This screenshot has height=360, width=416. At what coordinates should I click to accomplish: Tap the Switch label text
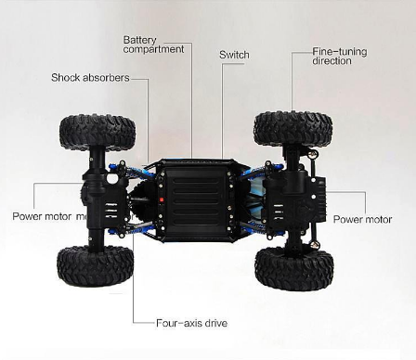234,55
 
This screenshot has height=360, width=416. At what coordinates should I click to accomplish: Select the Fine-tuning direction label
339,56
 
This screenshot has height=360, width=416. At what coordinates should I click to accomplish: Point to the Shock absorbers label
90,77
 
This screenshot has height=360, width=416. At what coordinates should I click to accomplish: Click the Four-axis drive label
191,323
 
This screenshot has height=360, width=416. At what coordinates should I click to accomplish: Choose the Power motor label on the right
362,220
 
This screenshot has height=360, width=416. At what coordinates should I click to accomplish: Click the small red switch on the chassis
160,199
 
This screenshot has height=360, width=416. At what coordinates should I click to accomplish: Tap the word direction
331,61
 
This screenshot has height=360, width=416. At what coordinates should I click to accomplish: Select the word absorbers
106,77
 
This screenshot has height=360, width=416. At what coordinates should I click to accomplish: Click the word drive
214,323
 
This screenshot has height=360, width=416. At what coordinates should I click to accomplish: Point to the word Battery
139,39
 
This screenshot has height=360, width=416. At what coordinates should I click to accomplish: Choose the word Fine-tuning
339,51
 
